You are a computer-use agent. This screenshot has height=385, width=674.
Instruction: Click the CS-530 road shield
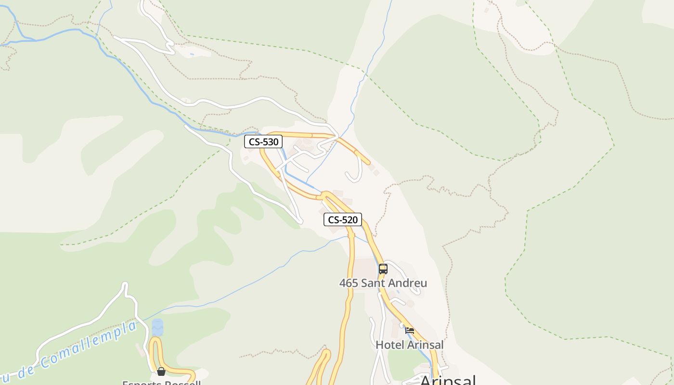263,142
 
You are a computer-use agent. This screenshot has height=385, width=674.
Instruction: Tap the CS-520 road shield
342,220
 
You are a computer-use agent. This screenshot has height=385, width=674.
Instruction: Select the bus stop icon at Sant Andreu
383,269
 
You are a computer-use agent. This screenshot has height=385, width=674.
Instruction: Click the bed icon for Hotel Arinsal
410,331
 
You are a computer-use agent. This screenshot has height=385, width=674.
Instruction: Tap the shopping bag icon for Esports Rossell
161,372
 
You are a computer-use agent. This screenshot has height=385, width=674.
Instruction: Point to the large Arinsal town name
448,380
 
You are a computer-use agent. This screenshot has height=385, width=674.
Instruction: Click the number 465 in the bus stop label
349,283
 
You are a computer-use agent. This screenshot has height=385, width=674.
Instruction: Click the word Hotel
390,345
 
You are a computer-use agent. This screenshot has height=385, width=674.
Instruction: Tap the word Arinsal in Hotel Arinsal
425,345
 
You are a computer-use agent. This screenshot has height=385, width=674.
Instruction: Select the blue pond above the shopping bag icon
157,327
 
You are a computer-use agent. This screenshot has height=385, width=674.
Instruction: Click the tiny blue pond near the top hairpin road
192,54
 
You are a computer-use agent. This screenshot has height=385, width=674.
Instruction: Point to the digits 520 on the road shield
350,220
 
